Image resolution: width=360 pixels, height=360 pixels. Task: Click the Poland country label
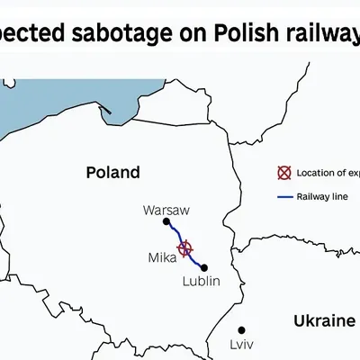tap(112, 172)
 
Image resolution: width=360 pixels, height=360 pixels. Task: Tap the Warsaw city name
tap(166, 210)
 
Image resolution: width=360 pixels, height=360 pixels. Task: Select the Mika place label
tap(162, 258)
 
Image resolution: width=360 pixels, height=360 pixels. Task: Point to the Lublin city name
tap(201, 282)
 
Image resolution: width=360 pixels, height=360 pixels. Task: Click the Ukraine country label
tap(324, 321)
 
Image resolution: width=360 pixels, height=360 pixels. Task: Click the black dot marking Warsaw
tap(166, 221)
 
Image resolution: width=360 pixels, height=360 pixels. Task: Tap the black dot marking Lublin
tap(204, 267)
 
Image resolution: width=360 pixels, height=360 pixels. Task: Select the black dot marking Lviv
tap(241, 330)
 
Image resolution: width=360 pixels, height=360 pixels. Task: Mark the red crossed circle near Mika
tap(185, 248)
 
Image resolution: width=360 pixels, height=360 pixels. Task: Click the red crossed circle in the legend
tap(283, 173)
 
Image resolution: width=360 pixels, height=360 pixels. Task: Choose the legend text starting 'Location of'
tap(328, 173)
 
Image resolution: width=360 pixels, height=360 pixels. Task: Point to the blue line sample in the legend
tap(283, 196)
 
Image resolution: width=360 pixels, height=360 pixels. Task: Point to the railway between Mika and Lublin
tap(195, 259)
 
